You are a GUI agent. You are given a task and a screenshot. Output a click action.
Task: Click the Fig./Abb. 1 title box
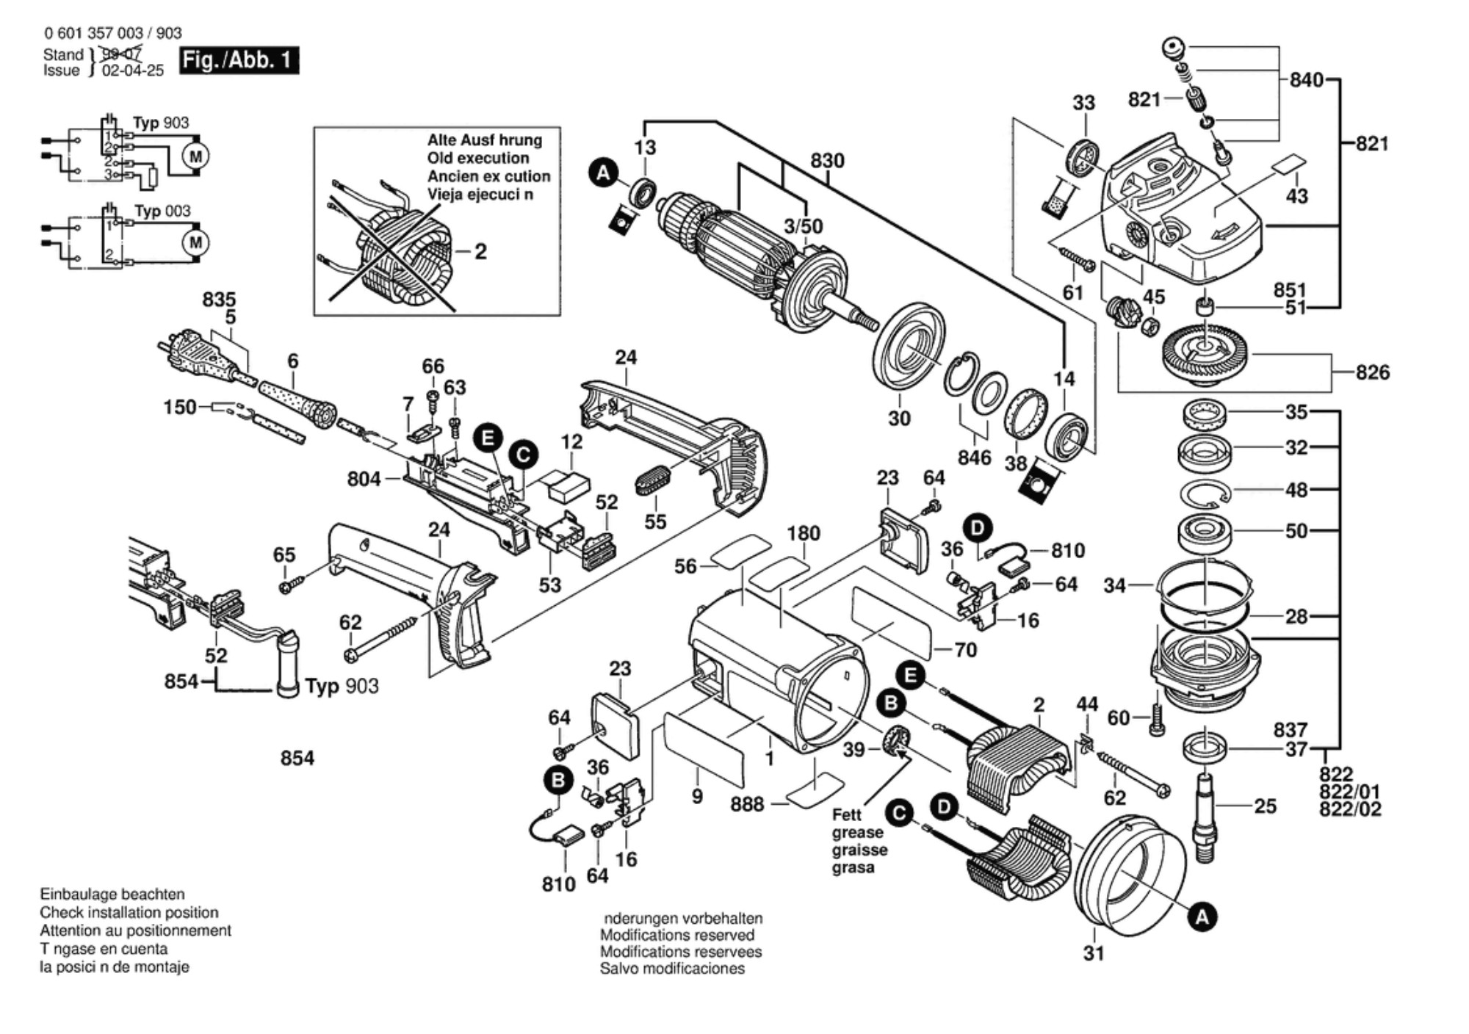point(239,59)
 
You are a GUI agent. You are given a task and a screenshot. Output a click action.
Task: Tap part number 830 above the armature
point(827,160)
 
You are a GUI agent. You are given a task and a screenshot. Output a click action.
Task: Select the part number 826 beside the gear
point(1372,372)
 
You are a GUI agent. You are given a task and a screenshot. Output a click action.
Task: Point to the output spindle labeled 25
point(1205,815)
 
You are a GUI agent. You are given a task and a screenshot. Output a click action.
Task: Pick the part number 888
point(746,805)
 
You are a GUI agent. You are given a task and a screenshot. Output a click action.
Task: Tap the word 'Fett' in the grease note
point(847,814)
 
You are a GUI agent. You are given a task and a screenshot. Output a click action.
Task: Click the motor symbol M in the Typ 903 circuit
point(195,156)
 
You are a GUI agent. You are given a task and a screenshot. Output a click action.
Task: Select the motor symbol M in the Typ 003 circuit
point(195,242)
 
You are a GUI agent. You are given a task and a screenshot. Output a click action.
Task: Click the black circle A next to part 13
point(603,173)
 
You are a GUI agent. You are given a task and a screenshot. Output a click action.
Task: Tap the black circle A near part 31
point(1202,916)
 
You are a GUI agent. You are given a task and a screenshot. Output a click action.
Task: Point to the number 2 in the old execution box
point(480,252)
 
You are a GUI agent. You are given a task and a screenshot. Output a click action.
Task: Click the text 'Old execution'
point(477,158)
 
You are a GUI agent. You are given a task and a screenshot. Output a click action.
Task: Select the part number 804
point(364,479)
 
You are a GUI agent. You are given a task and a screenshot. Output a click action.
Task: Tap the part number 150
point(179,407)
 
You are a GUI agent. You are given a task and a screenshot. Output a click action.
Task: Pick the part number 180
point(803,533)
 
